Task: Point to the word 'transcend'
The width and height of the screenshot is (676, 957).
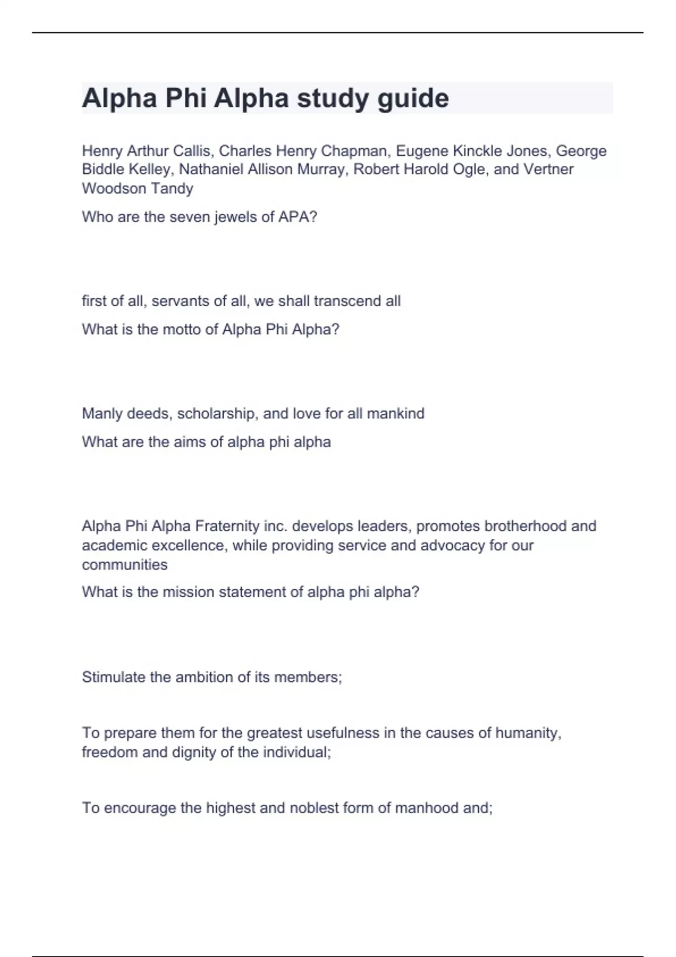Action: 347,301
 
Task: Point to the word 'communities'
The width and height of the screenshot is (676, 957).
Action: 124,565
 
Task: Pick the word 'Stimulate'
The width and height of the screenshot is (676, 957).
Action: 114,677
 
